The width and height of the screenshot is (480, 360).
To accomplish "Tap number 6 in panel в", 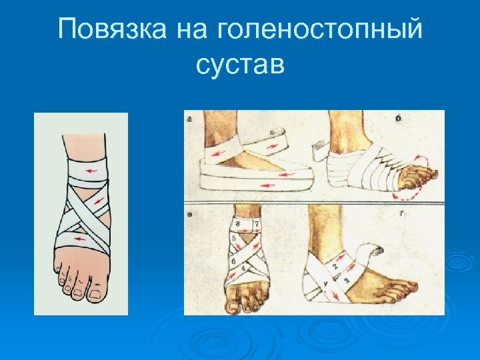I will tap(233, 261).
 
